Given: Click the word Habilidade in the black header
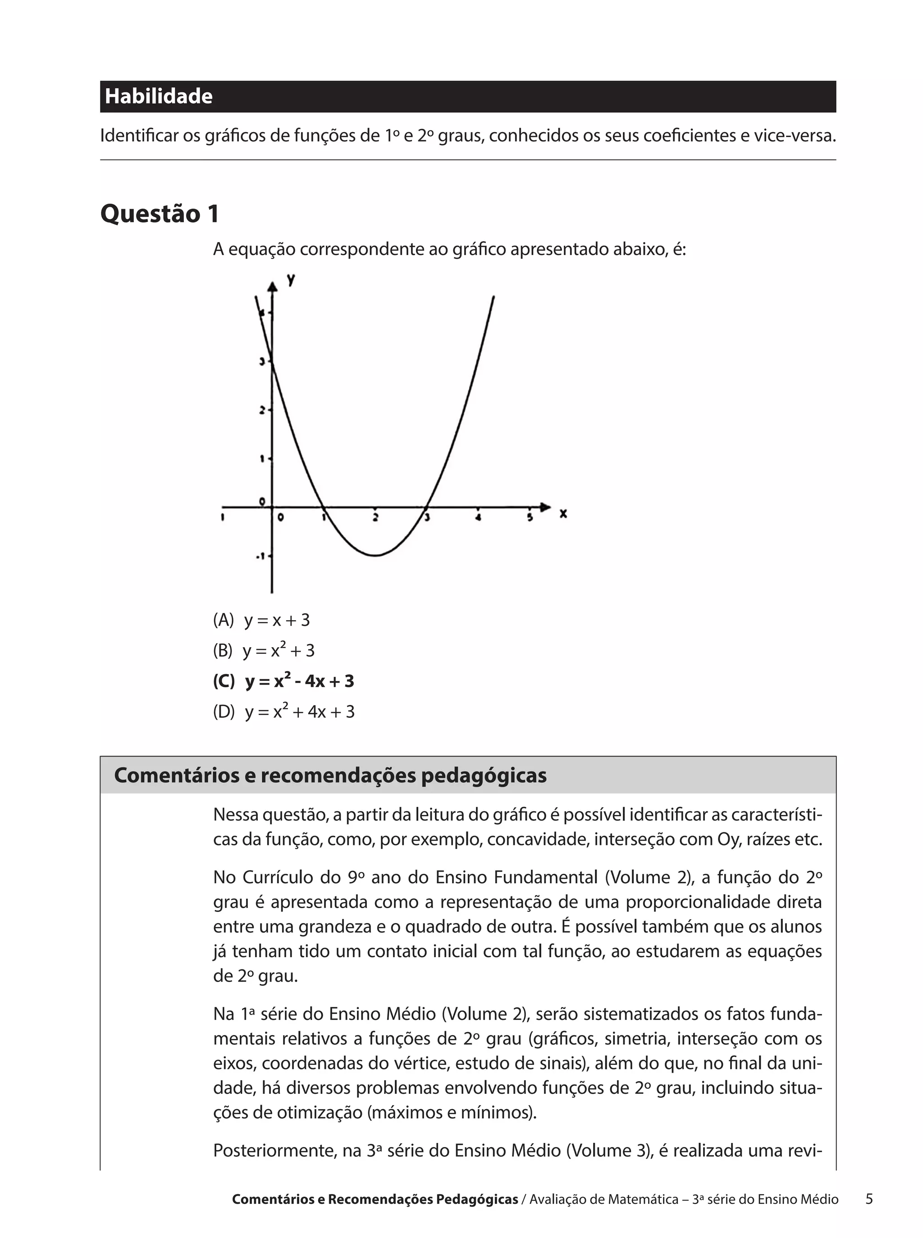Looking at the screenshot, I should (159, 96).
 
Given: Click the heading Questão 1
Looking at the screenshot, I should (160, 214).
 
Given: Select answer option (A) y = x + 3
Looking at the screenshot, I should (261, 620).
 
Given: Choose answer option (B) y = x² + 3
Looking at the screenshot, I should (264, 650).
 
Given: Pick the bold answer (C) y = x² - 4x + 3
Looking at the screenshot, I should (284, 681).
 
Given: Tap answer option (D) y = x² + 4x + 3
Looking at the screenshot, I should (284, 712).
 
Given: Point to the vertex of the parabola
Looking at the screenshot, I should (376, 555).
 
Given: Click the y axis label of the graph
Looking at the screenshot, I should (291, 279).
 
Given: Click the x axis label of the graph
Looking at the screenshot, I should (563, 513).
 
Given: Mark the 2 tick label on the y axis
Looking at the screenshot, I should (261, 411).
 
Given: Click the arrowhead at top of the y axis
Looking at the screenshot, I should (272, 287).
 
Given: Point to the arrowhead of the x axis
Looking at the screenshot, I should (545, 507).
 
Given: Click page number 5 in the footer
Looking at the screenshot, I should (869, 1198).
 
